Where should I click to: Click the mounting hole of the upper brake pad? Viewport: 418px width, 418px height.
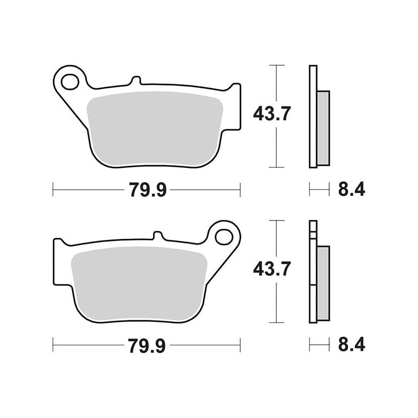70,82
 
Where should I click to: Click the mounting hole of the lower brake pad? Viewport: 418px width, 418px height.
224,237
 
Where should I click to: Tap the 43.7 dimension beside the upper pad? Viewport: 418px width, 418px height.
272,114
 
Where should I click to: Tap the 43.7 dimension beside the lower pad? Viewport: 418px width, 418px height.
272,269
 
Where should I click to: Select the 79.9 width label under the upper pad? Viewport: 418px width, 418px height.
148,190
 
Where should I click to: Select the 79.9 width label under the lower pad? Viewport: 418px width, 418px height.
147,346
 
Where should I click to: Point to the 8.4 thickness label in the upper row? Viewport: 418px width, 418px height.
351,189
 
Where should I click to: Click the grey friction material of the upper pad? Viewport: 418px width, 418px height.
155,128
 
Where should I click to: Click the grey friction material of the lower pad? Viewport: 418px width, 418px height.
139,283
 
